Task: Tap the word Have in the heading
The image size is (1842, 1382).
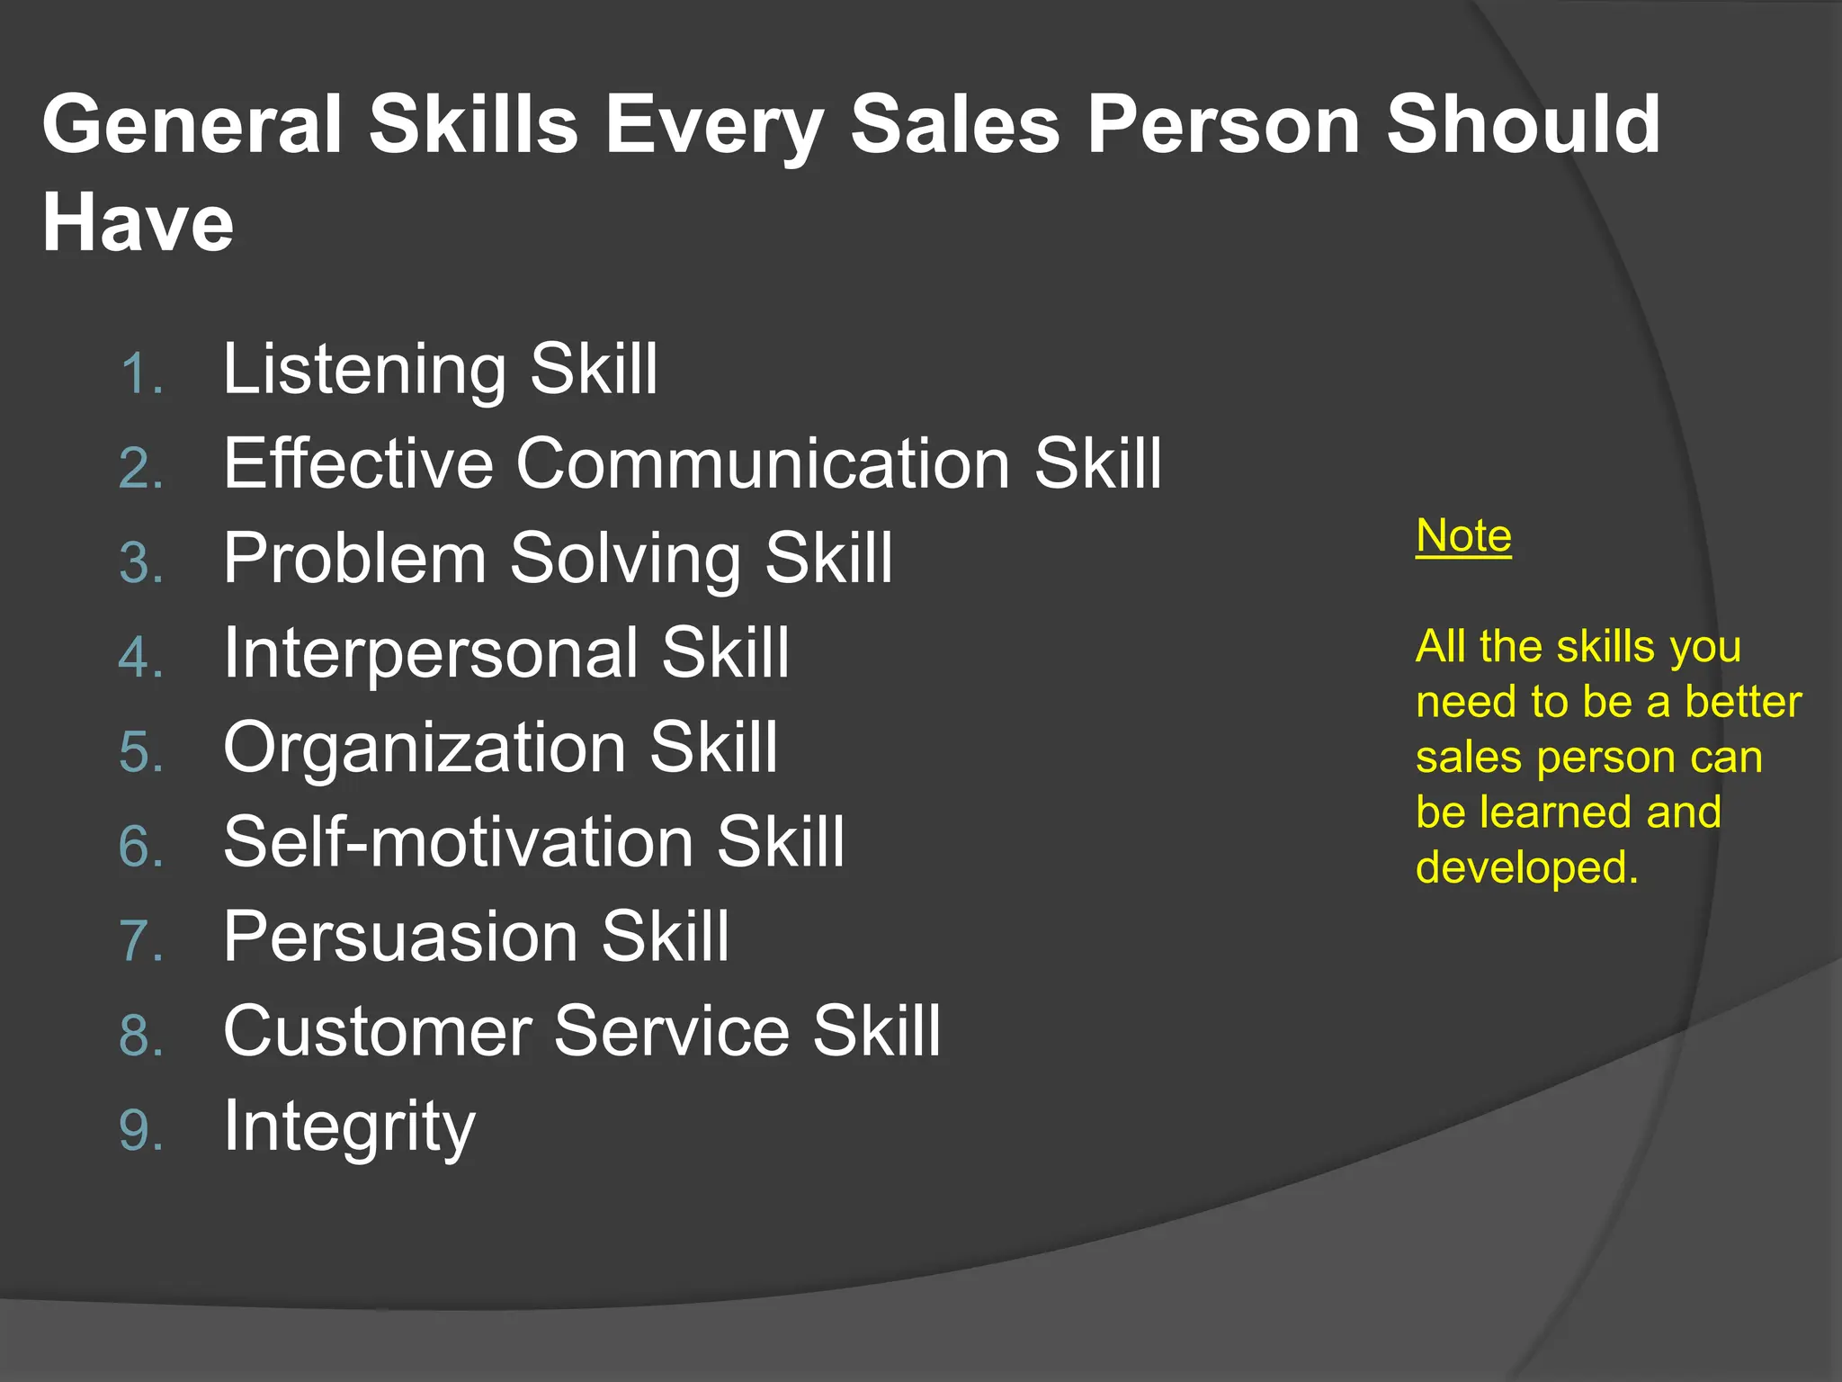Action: (138, 222)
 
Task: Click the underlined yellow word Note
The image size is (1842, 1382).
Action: (1463, 536)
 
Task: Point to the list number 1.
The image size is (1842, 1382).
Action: (139, 374)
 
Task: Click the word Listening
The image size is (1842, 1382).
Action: (364, 370)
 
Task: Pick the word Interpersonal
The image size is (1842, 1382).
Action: (430, 653)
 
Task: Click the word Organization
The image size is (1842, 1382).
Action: (425, 748)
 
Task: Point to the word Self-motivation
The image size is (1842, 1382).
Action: (458, 842)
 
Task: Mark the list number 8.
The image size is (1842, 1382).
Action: (139, 1036)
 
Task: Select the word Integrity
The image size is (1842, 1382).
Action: (349, 1127)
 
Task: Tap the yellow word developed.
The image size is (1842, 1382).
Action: (1526, 867)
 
